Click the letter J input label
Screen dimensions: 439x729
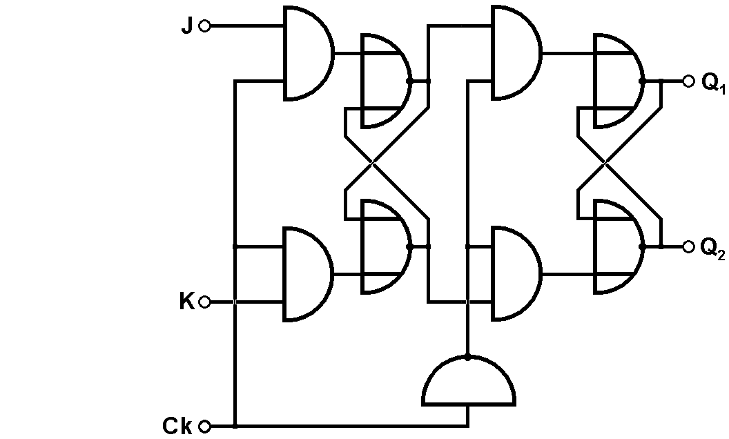[x=187, y=27]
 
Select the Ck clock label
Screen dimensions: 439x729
[x=178, y=426]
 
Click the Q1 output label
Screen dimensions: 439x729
[x=713, y=83]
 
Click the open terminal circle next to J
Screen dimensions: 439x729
[x=204, y=26]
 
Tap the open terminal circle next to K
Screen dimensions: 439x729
[x=204, y=302]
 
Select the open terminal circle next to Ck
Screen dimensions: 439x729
[x=204, y=426]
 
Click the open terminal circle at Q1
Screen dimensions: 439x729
[x=688, y=81]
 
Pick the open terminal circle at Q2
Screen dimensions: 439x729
[x=688, y=246]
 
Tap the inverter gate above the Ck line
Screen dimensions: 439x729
[x=469, y=383]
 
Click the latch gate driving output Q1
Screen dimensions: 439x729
[x=617, y=81]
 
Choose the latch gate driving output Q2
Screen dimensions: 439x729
[x=617, y=246]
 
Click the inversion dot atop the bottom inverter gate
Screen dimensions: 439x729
[x=468, y=358]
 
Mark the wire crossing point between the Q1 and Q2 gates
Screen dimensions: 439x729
[x=605, y=164]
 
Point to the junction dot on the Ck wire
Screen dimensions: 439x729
[x=235, y=426]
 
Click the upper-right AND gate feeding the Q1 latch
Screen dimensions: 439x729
[x=514, y=53]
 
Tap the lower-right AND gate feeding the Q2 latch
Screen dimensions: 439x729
[x=514, y=274]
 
